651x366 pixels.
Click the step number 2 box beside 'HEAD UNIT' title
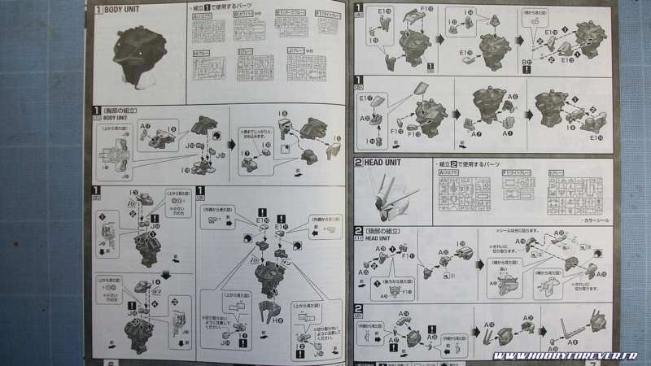358,163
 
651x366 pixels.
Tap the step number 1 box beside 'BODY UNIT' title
98,11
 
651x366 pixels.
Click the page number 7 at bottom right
637,361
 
